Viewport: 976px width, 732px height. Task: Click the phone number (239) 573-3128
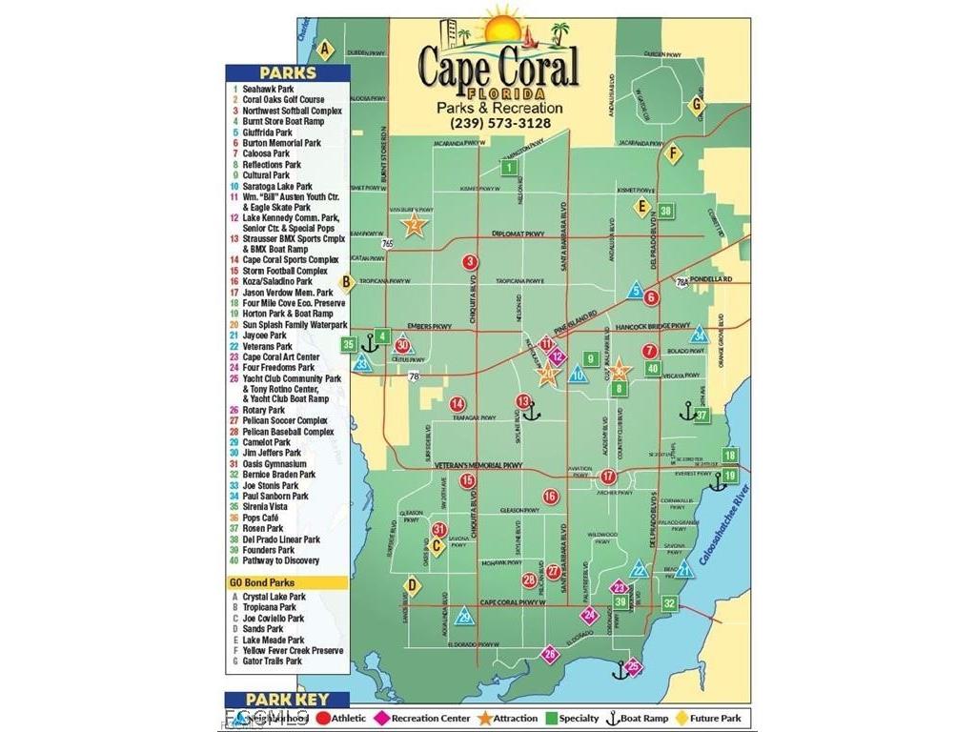coord(499,122)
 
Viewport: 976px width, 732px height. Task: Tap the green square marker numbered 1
coord(510,168)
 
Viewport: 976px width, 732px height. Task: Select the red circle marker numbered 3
coord(470,262)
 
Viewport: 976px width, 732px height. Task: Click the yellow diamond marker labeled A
coord(325,50)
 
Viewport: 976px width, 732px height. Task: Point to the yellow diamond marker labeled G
coord(697,104)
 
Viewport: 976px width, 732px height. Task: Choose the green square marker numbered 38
coord(665,211)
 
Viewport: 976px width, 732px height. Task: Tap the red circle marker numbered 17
coord(608,476)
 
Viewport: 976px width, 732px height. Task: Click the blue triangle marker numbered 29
coord(464,617)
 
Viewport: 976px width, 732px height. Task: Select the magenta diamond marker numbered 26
coord(549,654)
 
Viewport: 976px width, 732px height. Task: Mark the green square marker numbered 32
coord(670,602)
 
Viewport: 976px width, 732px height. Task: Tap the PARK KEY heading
coord(288,700)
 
